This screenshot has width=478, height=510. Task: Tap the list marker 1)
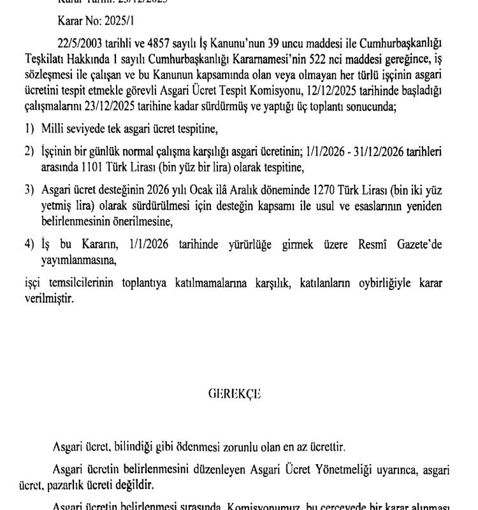(29, 130)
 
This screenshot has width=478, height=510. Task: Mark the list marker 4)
(29, 245)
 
